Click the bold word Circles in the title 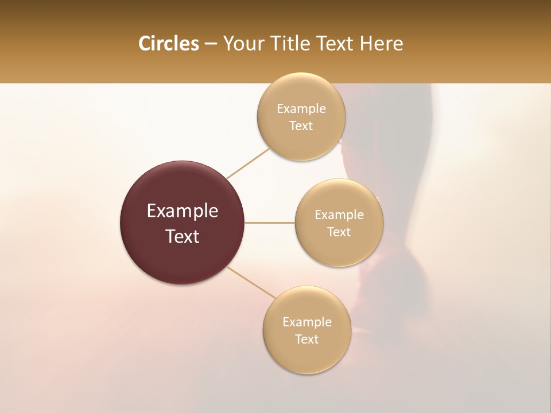(168, 44)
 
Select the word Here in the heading (382, 44)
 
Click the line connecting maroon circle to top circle (249, 163)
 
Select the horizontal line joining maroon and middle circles (270, 223)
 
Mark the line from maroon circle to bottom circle (251, 283)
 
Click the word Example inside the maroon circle (183, 211)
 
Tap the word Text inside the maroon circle (183, 236)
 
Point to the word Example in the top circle (301, 109)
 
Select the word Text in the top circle (301, 126)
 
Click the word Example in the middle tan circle (339, 215)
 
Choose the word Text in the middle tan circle (339, 232)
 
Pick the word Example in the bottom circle (307, 322)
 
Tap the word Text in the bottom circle (306, 339)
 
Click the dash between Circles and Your (211, 44)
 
